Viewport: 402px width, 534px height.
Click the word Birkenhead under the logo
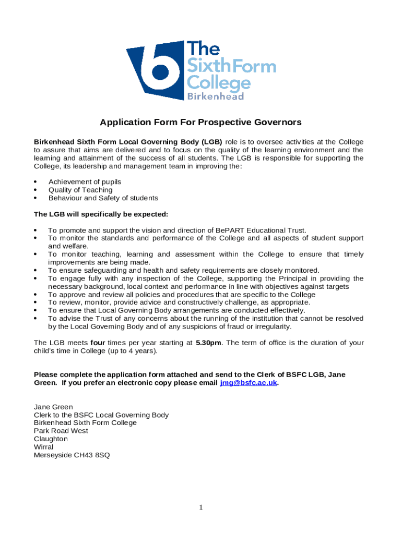(x=216, y=96)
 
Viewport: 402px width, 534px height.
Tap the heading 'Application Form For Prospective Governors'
(x=201, y=123)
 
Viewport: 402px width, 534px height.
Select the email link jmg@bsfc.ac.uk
(x=249, y=383)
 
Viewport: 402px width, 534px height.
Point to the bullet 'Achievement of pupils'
(x=85, y=182)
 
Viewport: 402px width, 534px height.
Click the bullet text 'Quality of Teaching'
(x=80, y=190)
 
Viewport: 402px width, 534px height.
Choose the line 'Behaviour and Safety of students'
(x=103, y=198)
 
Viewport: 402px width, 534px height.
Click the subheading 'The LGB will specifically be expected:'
(x=101, y=214)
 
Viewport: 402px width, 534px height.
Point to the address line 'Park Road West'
(x=61, y=431)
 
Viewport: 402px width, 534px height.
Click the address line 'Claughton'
(x=51, y=439)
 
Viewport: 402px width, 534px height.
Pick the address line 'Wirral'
(x=43, y=447)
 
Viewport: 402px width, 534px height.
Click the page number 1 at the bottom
(x=201, y=507)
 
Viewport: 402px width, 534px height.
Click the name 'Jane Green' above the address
(x=53, y=407)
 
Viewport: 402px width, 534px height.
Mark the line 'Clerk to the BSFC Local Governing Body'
(x=101, y=415)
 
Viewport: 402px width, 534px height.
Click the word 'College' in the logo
(x=219, y=82)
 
